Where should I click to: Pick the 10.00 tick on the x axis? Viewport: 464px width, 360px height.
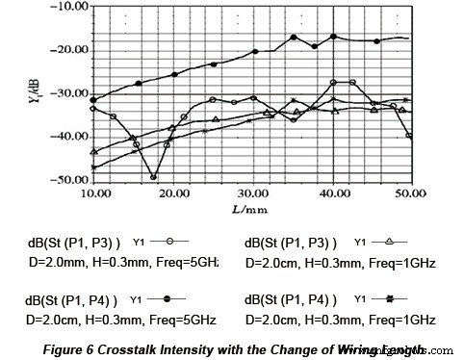pos(94,193)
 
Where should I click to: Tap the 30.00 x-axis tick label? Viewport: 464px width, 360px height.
pos(252,193)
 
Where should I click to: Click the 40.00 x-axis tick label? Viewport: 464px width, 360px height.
pos(332,193)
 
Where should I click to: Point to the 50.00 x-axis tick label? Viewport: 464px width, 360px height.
pos(411,193)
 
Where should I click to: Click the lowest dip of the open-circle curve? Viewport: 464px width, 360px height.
pos(154,177)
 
